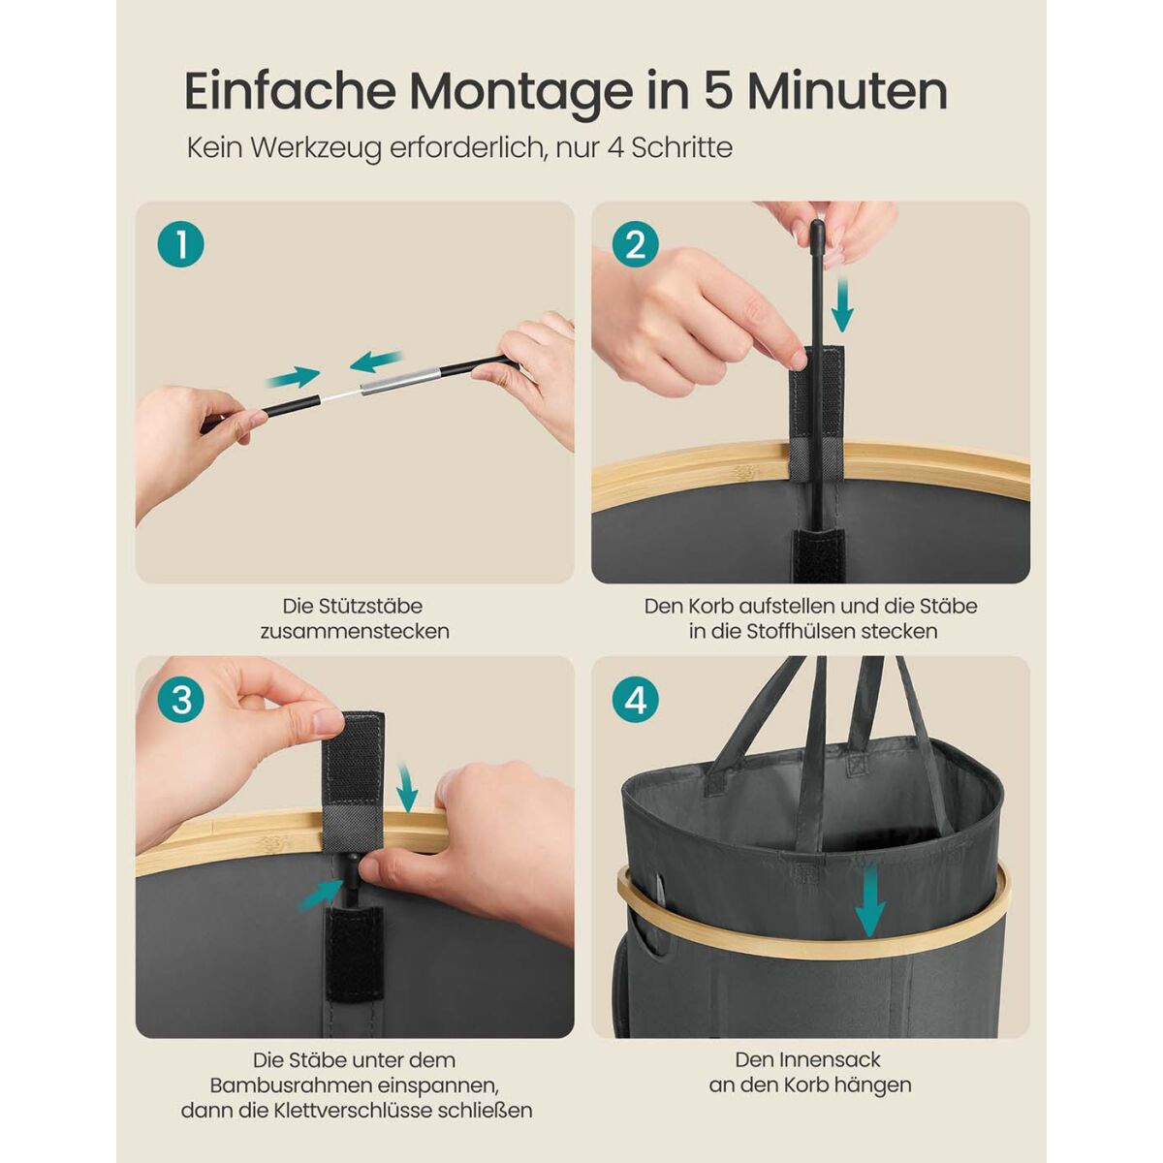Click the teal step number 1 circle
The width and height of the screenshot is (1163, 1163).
pyautogui.click(x=180, y=244)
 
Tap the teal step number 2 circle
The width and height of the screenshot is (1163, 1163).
pyautogui.click(x=636, y=244)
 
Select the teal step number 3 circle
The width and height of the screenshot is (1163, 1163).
pyautogui.click(x=180, y=700)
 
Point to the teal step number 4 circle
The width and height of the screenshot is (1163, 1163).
pyautogui.click(x=636, y=700)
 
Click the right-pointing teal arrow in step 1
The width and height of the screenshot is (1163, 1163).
pyautogui.click(x=294, y=377)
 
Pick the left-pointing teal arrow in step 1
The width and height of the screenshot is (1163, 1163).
pyautogui.click(x=375, y=361)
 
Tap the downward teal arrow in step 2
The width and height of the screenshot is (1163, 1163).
pyautogui.click(x=842, y=305)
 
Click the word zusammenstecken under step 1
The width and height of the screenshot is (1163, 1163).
pyautogui.click(x=355, y=631)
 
